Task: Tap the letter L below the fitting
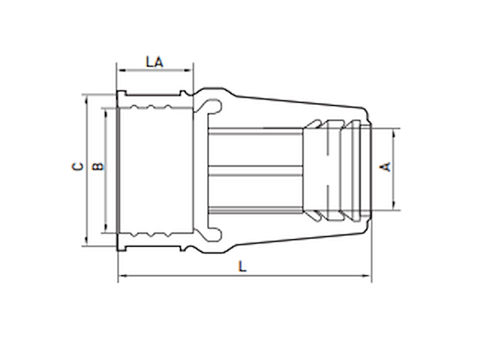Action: coord(241,265)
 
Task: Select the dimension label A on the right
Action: coord(387,166)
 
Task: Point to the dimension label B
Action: coord(97,166)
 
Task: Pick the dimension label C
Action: coord(76,166)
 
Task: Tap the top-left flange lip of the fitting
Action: coord(120,95)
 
